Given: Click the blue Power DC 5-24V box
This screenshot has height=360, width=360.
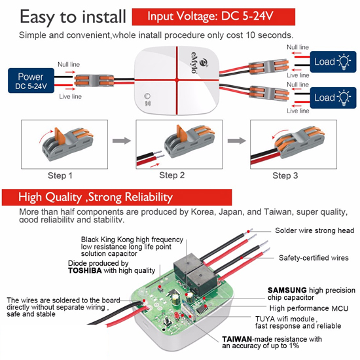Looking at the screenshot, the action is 31,81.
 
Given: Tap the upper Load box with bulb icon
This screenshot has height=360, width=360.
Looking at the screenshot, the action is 333,62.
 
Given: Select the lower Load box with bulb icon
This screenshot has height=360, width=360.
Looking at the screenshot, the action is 333,98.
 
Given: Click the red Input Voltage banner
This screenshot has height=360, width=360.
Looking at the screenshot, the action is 213,17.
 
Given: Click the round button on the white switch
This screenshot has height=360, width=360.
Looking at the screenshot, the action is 147,96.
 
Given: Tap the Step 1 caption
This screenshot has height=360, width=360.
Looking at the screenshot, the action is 60,175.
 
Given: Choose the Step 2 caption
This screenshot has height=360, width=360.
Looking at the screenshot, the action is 172,175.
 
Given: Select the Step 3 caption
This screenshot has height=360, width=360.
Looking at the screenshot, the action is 285,175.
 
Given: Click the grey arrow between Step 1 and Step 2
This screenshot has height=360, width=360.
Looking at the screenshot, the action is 122,141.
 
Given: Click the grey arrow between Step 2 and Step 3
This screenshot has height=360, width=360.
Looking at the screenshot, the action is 236,141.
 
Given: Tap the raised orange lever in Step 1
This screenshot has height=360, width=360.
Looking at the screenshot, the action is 60,136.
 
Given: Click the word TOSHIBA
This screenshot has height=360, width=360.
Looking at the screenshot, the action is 85,270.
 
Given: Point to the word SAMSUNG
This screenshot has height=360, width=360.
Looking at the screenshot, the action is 287,290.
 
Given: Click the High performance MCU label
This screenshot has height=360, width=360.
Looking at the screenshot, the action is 309,308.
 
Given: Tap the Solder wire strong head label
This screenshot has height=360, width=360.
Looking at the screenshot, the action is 315,230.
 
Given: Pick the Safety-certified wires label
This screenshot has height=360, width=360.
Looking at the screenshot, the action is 314,258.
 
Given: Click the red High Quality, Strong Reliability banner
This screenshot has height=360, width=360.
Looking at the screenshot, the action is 117,197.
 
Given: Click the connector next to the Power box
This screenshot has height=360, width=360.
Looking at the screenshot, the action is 94,81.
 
